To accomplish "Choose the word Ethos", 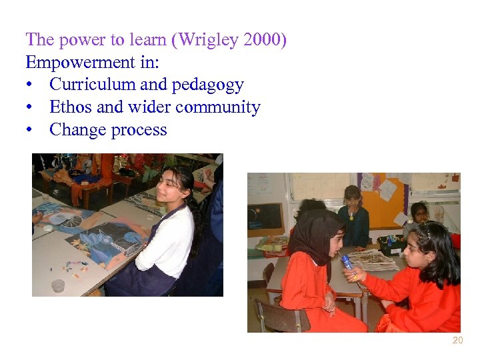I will coord(70,107).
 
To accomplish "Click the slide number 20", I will coord(457,341).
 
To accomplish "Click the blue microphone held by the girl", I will coord(347,263).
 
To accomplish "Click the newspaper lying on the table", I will coord(373,259).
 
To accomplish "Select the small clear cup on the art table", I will coord(58,285).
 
